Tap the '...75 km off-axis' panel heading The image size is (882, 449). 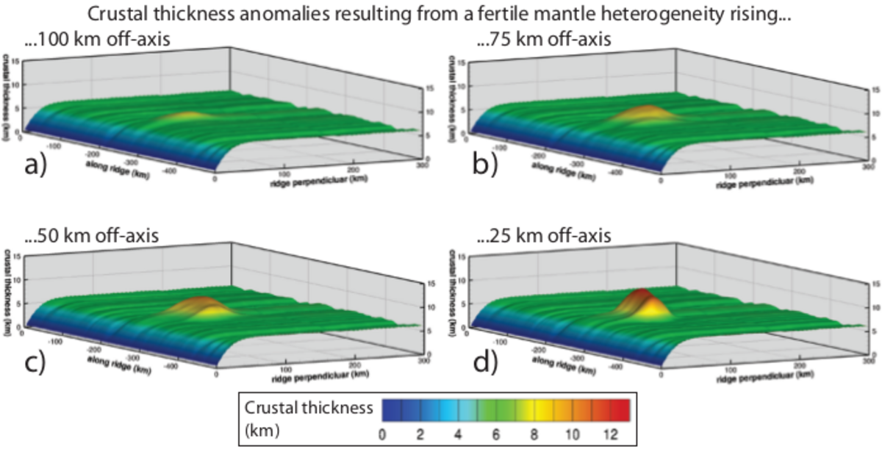pyautogui.click(x=543, y=40)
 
